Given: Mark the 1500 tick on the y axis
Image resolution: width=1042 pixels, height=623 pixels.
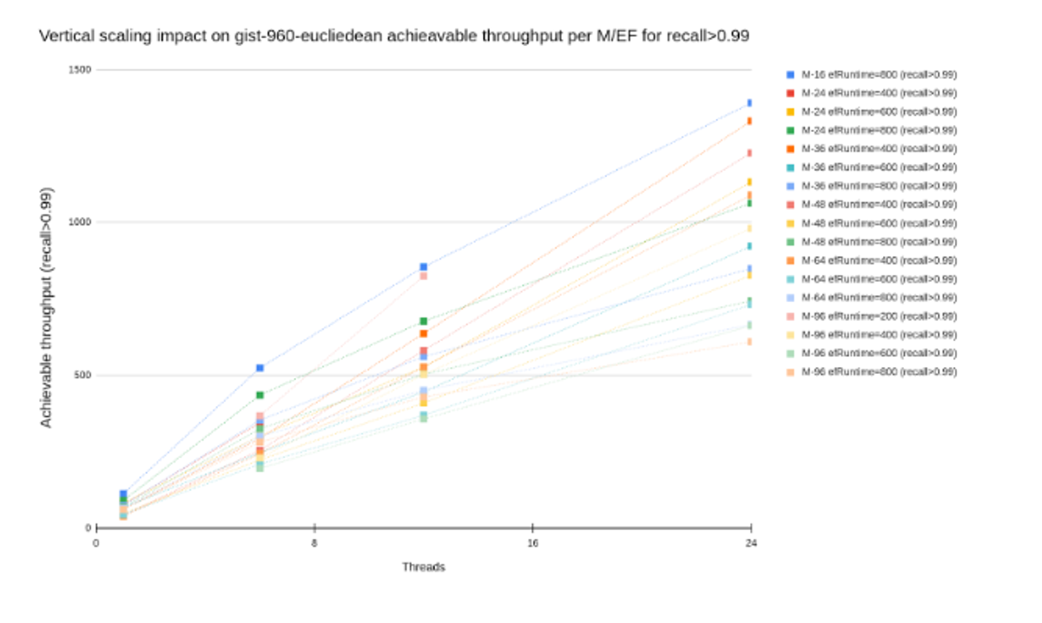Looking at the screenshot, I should [81, 69].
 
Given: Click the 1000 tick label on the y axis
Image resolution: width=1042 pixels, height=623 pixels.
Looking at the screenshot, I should [81, 222].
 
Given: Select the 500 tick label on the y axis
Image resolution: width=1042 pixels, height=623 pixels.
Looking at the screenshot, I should [82, 376].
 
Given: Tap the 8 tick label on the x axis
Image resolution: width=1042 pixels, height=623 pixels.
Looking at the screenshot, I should [314, 543].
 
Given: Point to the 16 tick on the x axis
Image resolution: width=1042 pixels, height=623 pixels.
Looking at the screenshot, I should [532, 543].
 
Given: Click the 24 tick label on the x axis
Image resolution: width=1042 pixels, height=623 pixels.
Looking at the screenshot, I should [750, 543].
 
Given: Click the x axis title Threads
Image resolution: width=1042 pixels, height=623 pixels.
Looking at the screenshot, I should [424, 567].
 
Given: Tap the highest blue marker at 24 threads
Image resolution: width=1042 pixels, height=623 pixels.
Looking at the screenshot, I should [749, 103].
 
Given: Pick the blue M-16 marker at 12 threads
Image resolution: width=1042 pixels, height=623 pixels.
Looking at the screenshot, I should [424, 267].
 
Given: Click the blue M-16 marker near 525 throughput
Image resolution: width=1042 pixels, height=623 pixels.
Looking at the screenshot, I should [260, 368].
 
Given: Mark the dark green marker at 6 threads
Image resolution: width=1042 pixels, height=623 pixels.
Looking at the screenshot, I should [260, 396].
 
